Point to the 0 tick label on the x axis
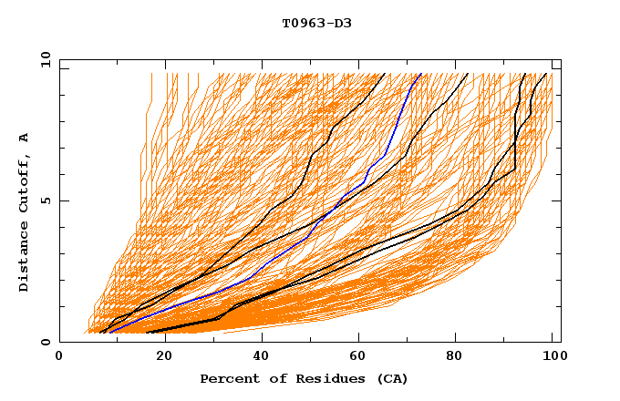[x=59, y=357]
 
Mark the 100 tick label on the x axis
[x=550, y=357]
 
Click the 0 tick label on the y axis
[x=45, y=343]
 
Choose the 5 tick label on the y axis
[x=45, y=200]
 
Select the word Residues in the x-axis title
[x=319, y=378]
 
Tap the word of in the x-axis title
[x=273, y=378]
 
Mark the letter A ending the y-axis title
[x=24, y=138]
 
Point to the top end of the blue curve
[x=419, y=75]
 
